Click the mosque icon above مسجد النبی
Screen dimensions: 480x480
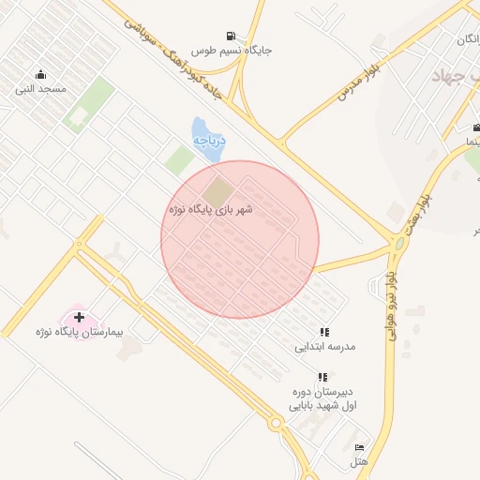pos(40,75)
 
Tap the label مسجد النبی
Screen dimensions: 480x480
pos(40,90)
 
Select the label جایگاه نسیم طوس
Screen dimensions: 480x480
pos(232,50)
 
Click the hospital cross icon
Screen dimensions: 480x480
pos(79,318)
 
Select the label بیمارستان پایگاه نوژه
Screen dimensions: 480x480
pos(80,333)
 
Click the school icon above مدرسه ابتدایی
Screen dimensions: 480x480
pos(324,332)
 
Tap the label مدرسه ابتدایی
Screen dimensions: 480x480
pos(325,347)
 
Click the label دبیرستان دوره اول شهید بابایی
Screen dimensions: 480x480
pos(323,398)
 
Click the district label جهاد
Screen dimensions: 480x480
pos(447,76)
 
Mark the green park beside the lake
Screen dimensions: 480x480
pos(179,159)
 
